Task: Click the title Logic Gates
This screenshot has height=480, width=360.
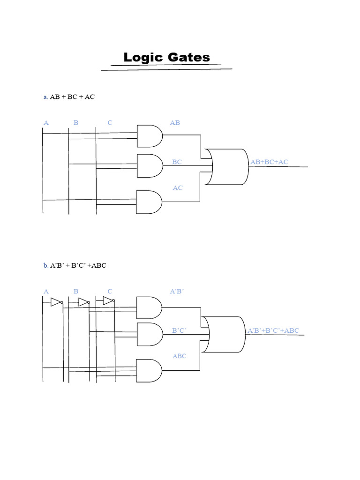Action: [x=166, y=58]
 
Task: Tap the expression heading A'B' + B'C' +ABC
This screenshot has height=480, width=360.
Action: [x=78, y=265]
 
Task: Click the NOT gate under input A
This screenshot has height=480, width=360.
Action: [x=56, y=302]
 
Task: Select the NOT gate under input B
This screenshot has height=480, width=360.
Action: [x=84, y=302]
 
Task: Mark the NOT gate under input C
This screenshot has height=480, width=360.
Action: [x=109, y=301]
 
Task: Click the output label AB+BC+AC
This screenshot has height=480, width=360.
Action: [x=270, y=162]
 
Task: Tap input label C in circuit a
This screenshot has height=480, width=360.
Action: [x=110, y=123]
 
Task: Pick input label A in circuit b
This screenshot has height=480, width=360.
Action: [x=46, y=291]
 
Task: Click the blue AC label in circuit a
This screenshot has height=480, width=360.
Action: [x=178, y=188]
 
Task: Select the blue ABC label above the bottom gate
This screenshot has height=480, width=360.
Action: [x=180, y=356]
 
